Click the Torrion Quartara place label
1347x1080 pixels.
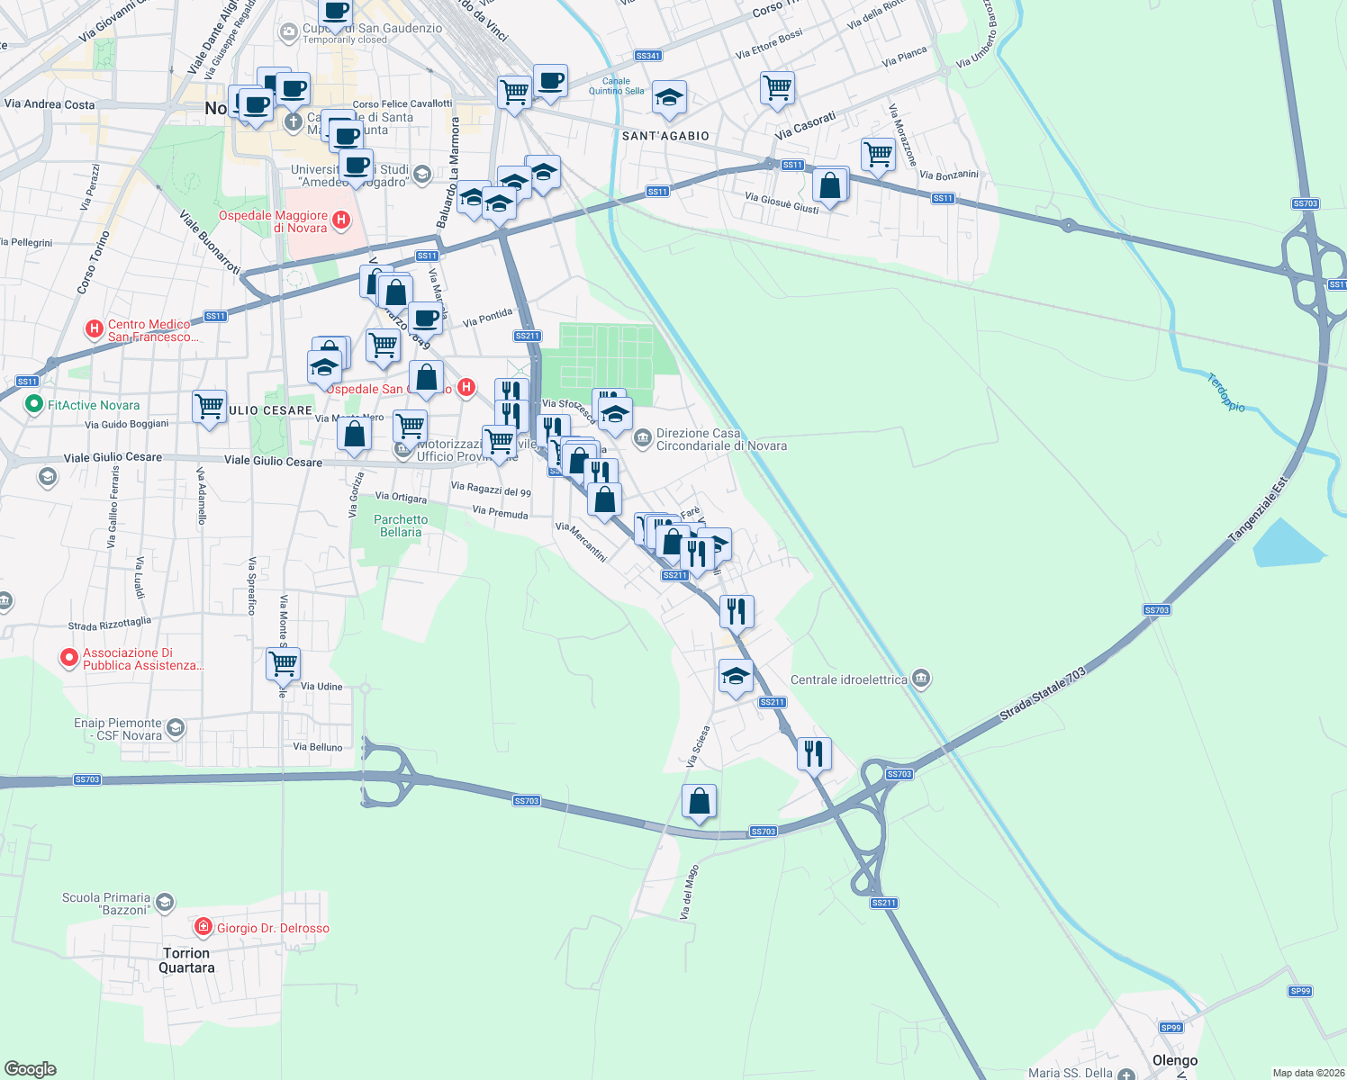coord(186,960)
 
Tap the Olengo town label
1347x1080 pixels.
coord(1175,1060)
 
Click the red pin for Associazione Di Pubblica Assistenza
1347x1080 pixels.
coord(68,659)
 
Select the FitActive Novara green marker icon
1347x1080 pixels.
coord(34,405)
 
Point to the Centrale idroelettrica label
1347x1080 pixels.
coord(848,679)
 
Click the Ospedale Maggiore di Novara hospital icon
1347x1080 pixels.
coord(341,219)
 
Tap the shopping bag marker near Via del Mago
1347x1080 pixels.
coord(700,801)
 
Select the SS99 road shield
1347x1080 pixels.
coord(1171,1027)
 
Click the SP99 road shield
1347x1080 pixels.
coord(1300,991)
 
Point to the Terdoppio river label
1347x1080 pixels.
coord(1226,393)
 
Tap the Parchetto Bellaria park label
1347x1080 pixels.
coord(401,526)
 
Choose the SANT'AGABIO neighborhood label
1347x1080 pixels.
coord(665,136)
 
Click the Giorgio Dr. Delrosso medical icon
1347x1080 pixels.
coord(203,927)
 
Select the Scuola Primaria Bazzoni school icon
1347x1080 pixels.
coord(164,902)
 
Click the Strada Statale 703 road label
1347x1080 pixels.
coord(1043,694)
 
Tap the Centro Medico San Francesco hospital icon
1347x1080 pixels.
coord(94,329)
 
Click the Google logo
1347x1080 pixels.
coord(30,1069)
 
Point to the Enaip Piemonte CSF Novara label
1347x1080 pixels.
coord(118,729)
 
